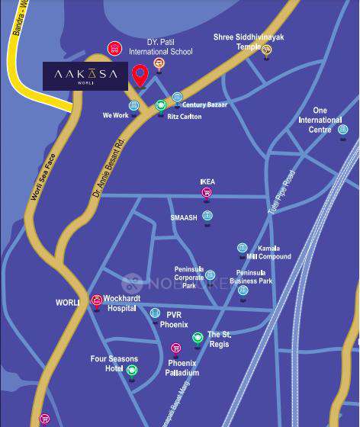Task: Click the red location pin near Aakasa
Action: (140, 75)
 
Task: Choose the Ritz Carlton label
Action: (183, 117)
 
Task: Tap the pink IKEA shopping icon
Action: (206, 193)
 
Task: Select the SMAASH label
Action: (184, 217)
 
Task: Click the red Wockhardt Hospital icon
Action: (97, 300)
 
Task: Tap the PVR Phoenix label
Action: (174, 319)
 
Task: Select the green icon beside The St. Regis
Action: (197, 337)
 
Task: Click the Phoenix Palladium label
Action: (183, 368)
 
